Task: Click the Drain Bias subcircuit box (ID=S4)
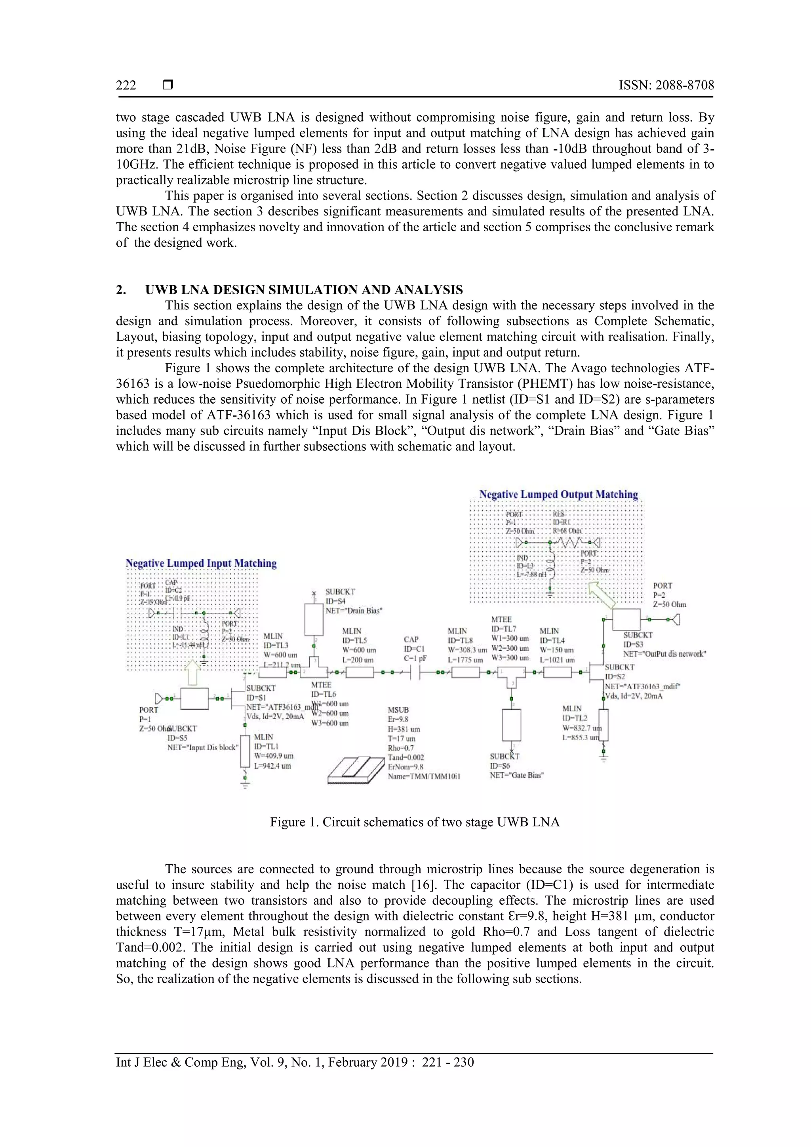pyautogui.click(x=314, y=619)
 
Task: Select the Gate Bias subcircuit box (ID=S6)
pyautogui.click(x=511, y=725)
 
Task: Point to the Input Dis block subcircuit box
pyautogui.click(x=194, y=698)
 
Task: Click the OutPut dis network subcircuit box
pyautogui.click(x=626, y=619)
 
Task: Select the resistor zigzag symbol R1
pyautogui.click(x=570, y=542)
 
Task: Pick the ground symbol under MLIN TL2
pyautogui.click(x=603, y=758)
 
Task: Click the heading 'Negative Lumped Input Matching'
pyautogui.click(x=201, y=563)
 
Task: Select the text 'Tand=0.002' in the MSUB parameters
pyautogui.click(x=405, y=757)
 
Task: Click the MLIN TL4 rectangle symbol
pyautogui.click(x=557, y=673)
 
